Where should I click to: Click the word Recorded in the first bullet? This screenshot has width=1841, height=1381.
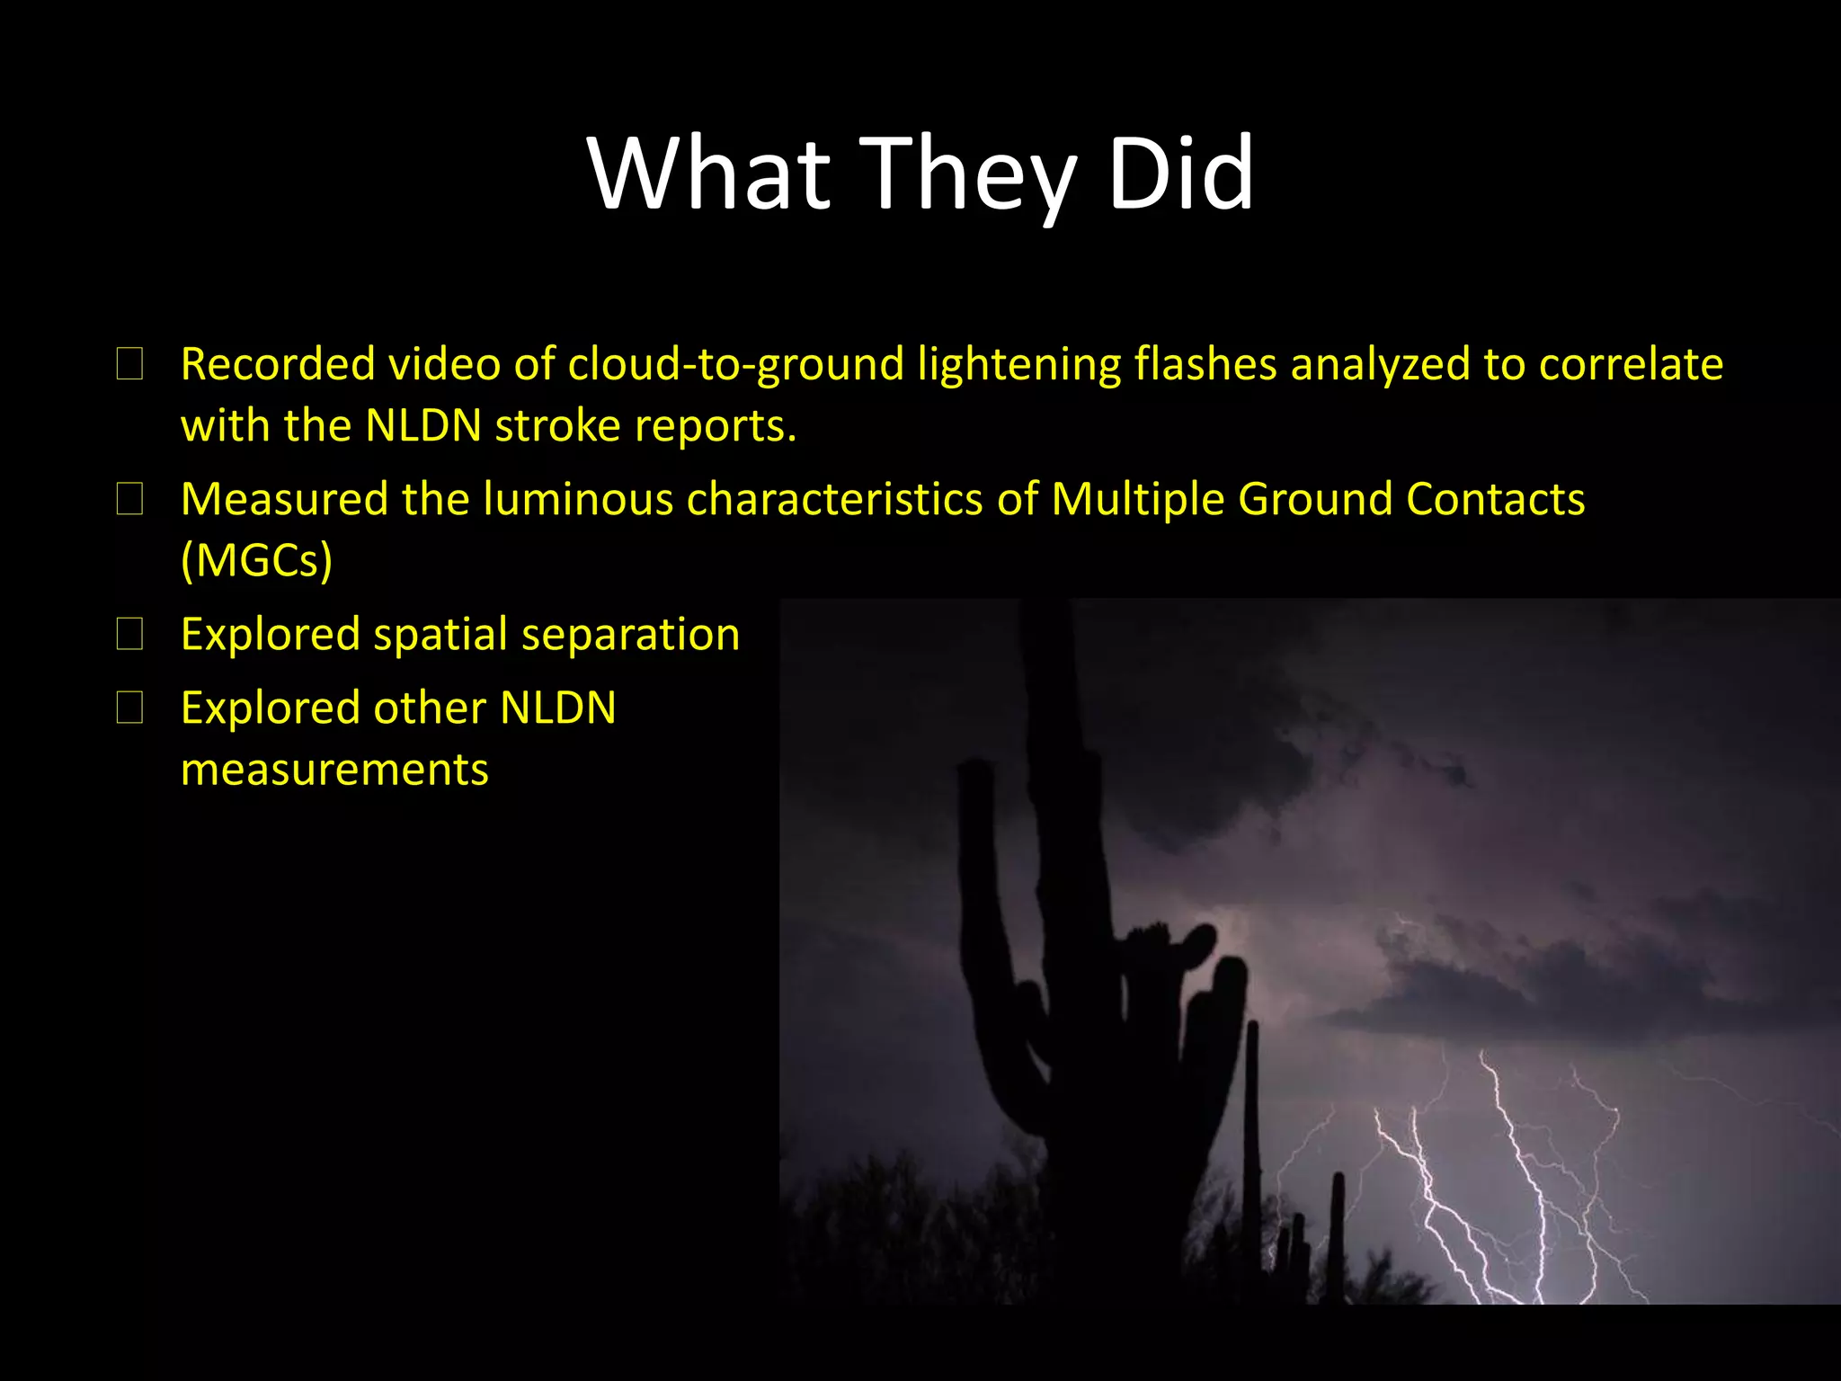coord(277,365)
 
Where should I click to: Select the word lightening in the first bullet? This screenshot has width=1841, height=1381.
coord(1018,365)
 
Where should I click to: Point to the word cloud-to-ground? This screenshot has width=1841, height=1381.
coord(735,365)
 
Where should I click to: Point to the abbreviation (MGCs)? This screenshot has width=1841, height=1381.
coord(256,561)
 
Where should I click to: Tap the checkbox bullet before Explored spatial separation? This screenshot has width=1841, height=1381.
coord(130,635)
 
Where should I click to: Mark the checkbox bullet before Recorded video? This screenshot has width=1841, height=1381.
coord(130,365)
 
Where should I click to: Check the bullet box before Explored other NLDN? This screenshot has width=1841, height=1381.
coord(130,708)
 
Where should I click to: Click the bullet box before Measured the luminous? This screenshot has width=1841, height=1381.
coord(130,500)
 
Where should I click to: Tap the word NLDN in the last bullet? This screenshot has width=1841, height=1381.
coord(557,708)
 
